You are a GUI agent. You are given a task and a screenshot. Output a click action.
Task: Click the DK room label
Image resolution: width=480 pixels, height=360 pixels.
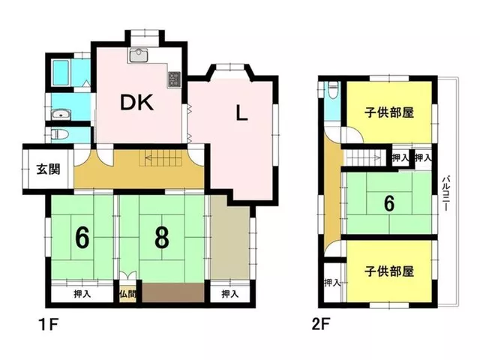pyautogui.click(x=136, y=103)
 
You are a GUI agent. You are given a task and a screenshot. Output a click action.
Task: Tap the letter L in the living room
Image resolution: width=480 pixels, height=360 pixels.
pyautogui.click(x=241, y=113)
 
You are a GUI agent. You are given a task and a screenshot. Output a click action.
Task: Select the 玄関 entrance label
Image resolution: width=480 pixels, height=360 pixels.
pyautogui.click(x=48, y=169)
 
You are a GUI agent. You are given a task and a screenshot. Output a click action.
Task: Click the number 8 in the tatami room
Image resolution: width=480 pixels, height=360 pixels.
pyautogui.click(x=162, y=238)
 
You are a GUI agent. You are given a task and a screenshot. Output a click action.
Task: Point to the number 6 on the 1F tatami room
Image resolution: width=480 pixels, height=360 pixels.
pyautogui.click(x=82, y=238)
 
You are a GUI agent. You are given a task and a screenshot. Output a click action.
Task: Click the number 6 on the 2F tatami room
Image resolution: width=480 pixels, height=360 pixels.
pyautogui.click(x=389, y=203)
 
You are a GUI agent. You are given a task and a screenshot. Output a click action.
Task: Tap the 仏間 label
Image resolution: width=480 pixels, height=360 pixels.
pyautogui.click(x=127, y=294)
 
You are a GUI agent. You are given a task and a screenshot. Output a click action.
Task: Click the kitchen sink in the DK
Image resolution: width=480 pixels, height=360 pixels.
pyautogui.click(x=138, y=55)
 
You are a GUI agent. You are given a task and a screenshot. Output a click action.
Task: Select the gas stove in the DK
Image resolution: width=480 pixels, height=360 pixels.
pyautogui.click(x=175, y=79)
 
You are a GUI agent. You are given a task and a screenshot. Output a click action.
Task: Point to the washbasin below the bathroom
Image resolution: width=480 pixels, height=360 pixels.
pyautogui.click(x=61, y=115)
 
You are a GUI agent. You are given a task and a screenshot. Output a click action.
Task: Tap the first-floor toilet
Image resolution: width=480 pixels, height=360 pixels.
pyautogui.click(x=58, y=133)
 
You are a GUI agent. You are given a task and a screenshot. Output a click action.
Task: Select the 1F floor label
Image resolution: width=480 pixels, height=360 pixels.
pyautogui.click(x=48, y=325)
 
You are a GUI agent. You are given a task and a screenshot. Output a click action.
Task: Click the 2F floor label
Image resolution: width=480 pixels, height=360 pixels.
pyautogui.click(x=321, y=325)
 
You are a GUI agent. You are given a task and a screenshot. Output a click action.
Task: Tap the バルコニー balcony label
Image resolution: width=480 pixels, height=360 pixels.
pyautogui.click(x=446, y=193)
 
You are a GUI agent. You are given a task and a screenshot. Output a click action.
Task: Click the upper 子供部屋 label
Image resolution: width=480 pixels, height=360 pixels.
pyautogui.click(x=389, y=112)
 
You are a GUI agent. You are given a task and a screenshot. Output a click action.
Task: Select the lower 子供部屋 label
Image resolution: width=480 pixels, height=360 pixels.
pyautogui.click(x=389, y=271)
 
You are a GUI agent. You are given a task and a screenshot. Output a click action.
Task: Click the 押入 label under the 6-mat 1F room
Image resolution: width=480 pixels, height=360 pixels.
pyautogui.click(x=82, y=294)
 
